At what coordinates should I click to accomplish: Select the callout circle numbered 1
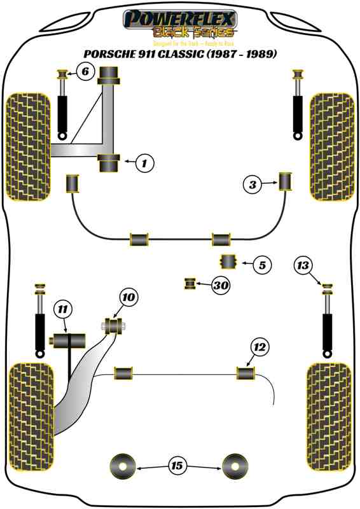(x=144, y=164)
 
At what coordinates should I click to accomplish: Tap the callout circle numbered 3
(x=253, y=185)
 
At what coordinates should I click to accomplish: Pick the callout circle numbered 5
(x=261, y=263)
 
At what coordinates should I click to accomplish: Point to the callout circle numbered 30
(x=220, y=286)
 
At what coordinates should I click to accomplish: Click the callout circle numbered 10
(x=128, y=296)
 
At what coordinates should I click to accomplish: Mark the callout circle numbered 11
(x=62, y=310)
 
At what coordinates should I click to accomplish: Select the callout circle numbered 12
(x=260, y=347)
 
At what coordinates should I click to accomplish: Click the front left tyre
(x=27, y=147)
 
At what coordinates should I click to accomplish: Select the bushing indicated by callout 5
(x=228, y=262)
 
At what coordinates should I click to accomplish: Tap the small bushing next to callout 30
(x=190, y=284)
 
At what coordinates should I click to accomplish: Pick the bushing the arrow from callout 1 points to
(x=109, y=163)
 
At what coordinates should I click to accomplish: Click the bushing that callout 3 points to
(x=286, y=182)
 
